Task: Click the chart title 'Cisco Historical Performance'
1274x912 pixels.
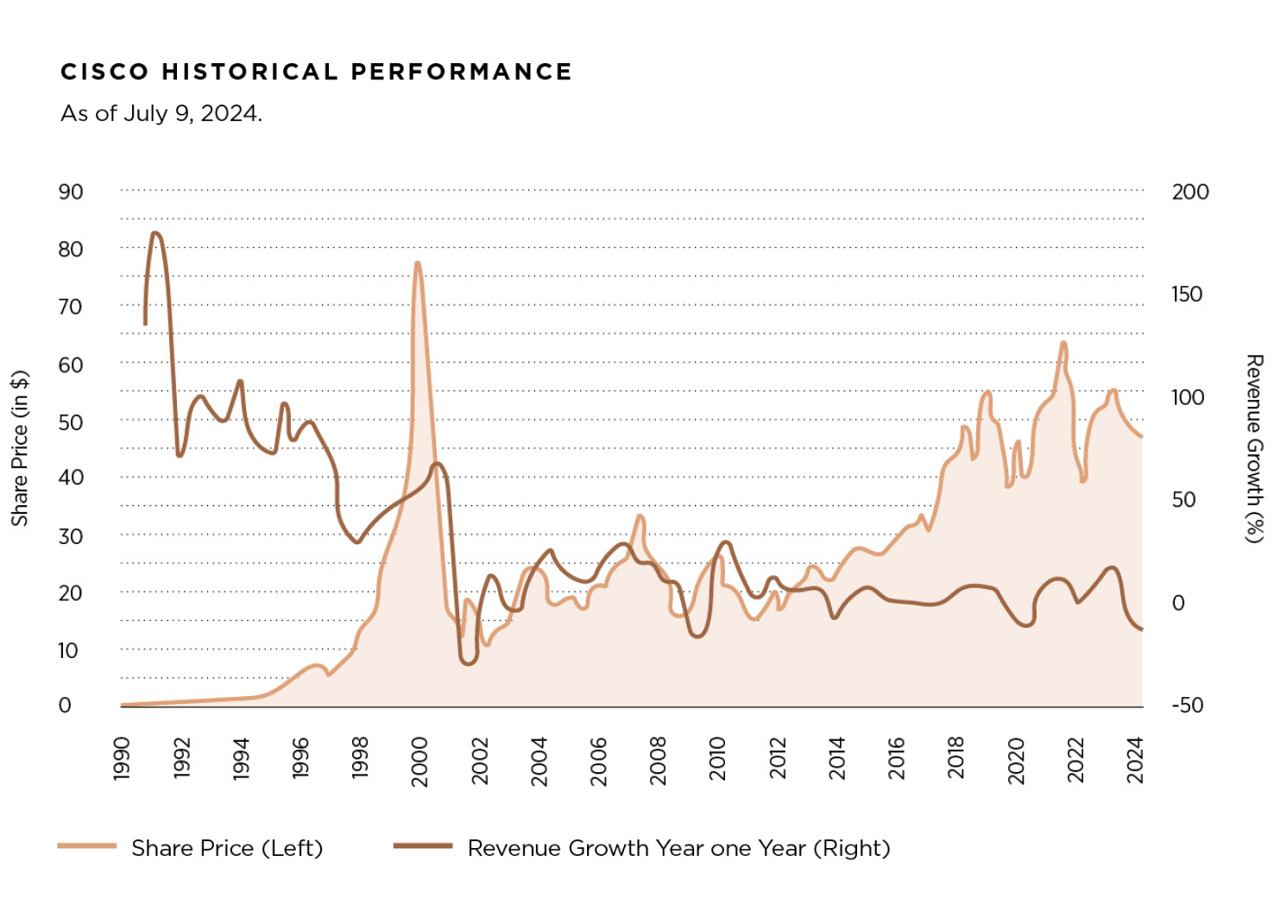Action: coord(316,72)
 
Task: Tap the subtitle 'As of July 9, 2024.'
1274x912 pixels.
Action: coord(161,113)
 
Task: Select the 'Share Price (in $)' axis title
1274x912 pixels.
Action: coord(20,447)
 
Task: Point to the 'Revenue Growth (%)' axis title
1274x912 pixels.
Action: coord(1253,447)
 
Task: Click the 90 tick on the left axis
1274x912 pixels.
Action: coord(71,192)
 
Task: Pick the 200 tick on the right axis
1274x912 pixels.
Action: coord(1189,192)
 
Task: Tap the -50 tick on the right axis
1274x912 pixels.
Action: coord(1187,705)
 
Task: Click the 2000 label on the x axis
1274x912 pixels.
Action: coord(420,761)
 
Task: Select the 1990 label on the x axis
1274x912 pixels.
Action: coord(122,757)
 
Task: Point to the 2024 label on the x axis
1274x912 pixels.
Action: coord(1135,759)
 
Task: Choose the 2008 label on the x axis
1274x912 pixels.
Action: coord(659,760)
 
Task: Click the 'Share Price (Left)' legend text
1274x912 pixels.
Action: coord(227,848)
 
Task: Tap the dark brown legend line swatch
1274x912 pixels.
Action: coord(422,846)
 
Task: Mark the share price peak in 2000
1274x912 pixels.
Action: coord(417,263)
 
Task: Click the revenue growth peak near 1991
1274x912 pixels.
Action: coord(155,233)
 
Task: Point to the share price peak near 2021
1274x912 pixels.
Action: coord(1063,343)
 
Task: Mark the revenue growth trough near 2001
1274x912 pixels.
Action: coord(467,663)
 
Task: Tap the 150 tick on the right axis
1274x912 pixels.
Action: coord(1187,294)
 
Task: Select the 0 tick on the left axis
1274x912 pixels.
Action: coord(65,705)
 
